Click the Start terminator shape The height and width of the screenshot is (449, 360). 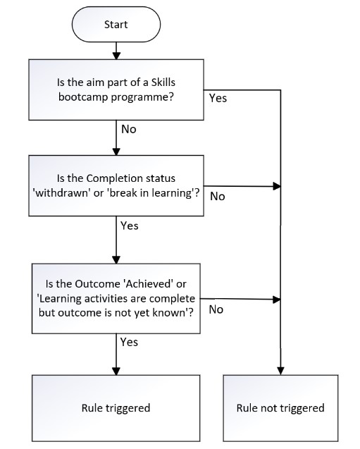[116, 24]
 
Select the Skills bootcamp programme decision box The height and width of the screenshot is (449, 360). [116, 90]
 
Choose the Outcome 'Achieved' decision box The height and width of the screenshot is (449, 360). [116, 298]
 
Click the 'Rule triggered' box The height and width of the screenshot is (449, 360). [116, 407]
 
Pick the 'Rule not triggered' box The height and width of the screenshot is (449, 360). [280, 407]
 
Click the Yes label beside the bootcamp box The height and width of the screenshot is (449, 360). [218, 98]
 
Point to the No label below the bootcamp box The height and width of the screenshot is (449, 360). [130, 130]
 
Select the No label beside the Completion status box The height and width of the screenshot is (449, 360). [218, 196]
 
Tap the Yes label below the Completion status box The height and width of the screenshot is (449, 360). [130, 226]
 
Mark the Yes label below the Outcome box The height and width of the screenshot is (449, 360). [130, 342]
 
